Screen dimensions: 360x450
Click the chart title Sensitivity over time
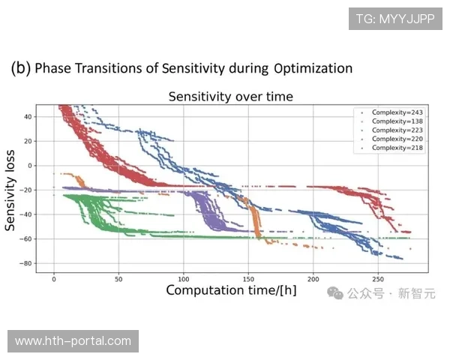pyautogui.click(x=230, y=96)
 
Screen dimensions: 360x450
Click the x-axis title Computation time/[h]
pyautogui.click(x=231, y=289)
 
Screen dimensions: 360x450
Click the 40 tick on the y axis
pyautogui.click(x=28, y=116)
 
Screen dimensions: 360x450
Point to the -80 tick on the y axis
pyautogui.click(x=26, y=263)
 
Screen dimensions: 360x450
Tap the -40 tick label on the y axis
pyautogui.click(x=26, y=214)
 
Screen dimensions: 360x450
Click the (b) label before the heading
pyautogui.click(x=20, y=68)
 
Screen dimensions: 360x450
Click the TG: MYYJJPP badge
pyautogui.click(x=394, y=18)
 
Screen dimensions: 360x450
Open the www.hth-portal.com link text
pyautogui.click(x=73, y=341)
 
